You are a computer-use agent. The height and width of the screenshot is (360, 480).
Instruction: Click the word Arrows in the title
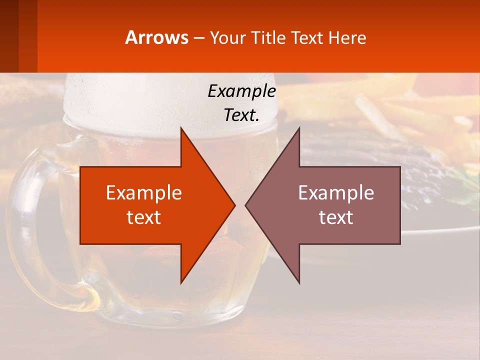156,37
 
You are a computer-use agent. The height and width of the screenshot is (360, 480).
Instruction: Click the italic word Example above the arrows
241,91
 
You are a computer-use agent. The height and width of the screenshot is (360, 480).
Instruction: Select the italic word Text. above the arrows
241,115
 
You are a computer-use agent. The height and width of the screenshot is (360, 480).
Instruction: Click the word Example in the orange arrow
144,193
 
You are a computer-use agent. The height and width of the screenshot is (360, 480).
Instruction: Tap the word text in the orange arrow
144,217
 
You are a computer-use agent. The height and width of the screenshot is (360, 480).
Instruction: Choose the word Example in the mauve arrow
336,193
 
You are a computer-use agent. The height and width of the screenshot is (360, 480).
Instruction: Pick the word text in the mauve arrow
336,217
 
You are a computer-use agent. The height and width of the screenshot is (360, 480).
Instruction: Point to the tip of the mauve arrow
247,205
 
